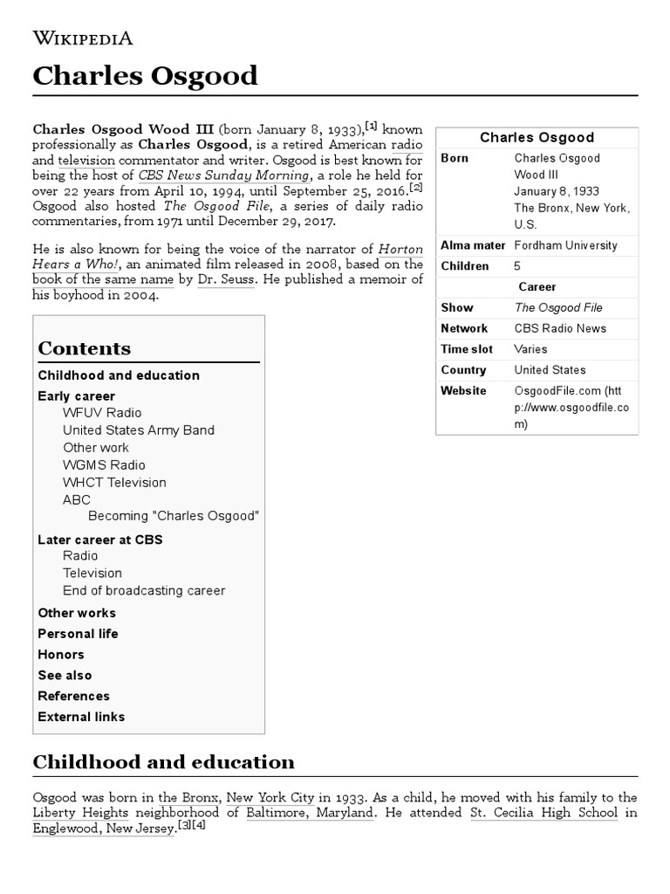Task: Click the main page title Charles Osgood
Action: (145, 76)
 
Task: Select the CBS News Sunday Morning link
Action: (223, 175)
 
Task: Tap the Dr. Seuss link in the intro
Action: (226, 279)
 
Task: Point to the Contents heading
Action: (84, 348)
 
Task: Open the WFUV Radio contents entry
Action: (101, 412)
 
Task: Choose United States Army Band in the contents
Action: (138, 430)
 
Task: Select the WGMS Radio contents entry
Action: (104, 464)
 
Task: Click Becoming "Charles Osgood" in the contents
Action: (174, 515)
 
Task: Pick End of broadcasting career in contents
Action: (143, 590)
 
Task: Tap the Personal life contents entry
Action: (78, 633)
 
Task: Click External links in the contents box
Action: (81, 717)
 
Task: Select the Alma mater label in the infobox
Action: (472, 245)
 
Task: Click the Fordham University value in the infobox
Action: (565, 245)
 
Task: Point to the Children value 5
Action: (517, 266)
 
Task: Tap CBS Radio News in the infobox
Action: (559, 328)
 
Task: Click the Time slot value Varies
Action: (531, 349)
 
